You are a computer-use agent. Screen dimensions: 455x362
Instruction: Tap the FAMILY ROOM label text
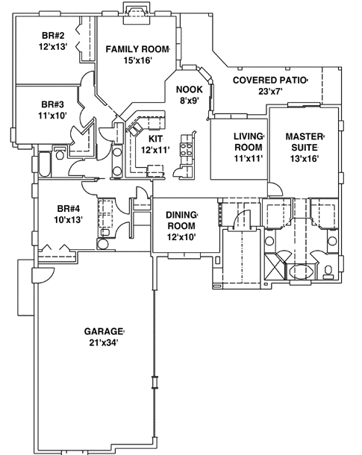[137, 49]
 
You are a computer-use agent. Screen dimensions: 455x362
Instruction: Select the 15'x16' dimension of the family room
[137, 60]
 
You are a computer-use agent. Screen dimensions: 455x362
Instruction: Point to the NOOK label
[188, 90]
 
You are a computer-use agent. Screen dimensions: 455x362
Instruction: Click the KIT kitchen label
[155, 139]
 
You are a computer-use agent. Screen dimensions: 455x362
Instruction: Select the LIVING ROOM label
[249, 142]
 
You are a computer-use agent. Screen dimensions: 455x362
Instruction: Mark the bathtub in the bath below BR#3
[42, 163]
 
